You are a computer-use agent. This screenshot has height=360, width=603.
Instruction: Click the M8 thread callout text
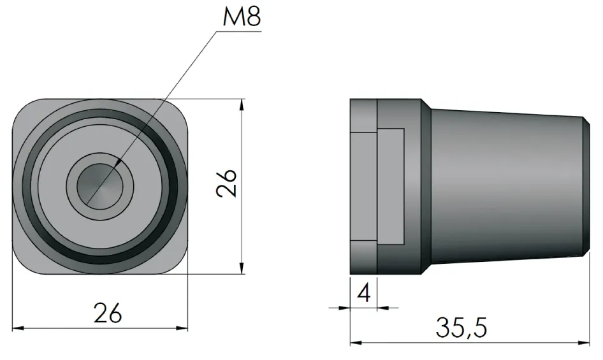(242, 17)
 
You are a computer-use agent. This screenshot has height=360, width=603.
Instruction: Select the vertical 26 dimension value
(227, 184)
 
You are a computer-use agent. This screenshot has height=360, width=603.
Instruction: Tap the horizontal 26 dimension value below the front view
(107, 313)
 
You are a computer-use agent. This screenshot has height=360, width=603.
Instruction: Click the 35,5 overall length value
(461, 328)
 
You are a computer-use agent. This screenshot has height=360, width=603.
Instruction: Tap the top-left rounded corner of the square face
(22, 108)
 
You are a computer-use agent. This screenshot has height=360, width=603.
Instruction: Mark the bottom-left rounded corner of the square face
(22, 264)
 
